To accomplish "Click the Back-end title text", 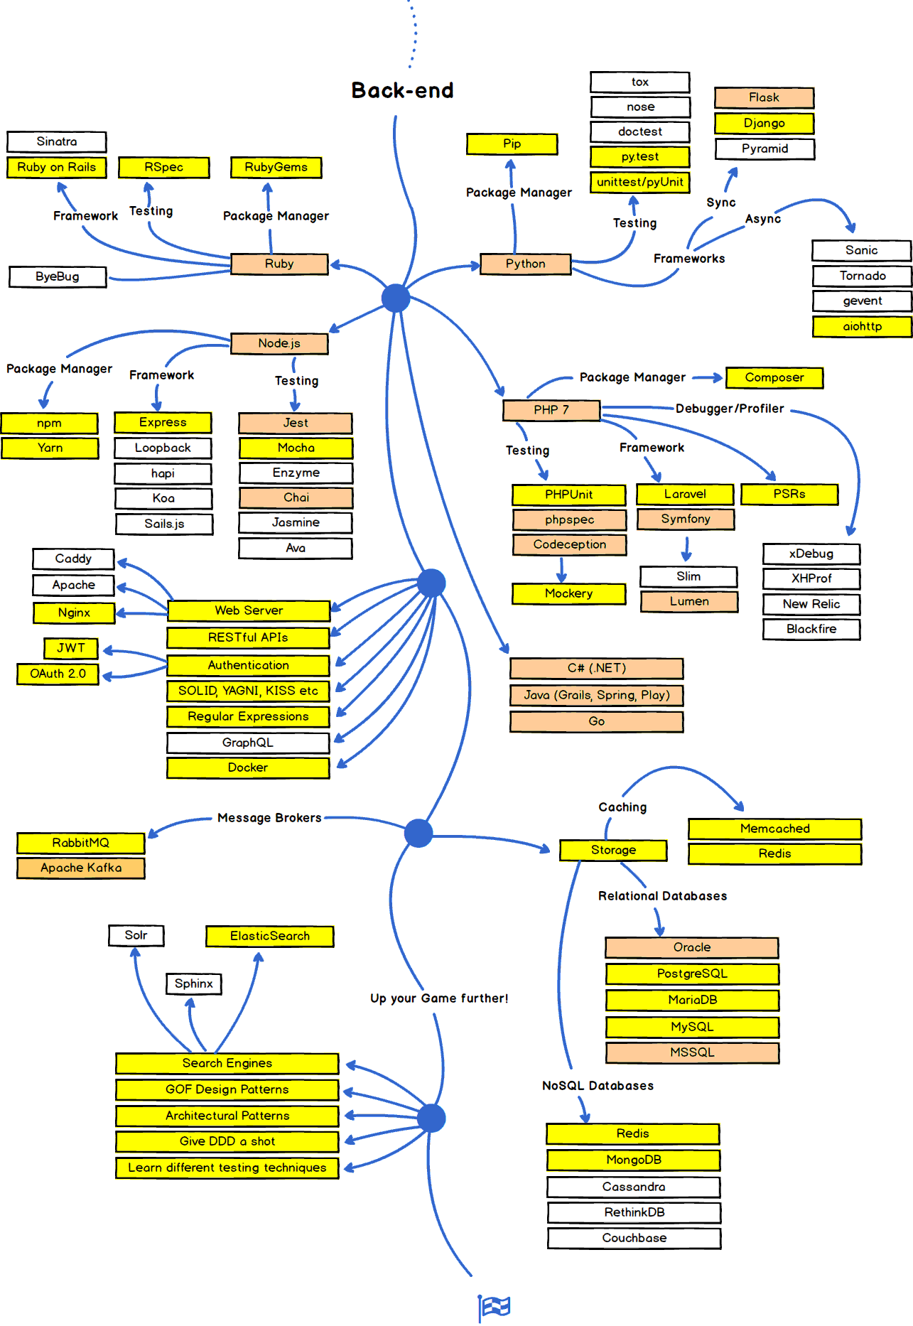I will [402, 90].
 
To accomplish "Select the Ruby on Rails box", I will [57, 168].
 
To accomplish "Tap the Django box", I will [764, 123].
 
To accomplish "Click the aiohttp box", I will [862, 326].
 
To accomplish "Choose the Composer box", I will [774, 377].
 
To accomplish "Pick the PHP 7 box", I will [551, 410].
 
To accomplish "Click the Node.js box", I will [279, 343].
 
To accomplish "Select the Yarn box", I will [50, 448].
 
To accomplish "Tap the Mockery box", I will [568, 593].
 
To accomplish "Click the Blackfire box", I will [811, 629].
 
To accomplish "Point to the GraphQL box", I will [248, 743].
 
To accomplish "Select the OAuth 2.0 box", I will [58, 674].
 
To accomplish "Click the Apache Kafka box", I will [81, 868].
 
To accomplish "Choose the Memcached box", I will [774, 829].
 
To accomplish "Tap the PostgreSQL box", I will [691, 974].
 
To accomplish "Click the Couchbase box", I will [634, 1238].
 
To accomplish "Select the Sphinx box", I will [193, 983].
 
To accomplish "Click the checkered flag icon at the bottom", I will [494, 1306].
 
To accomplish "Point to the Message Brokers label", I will [269, 818].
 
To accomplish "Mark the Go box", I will [596, 721].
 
